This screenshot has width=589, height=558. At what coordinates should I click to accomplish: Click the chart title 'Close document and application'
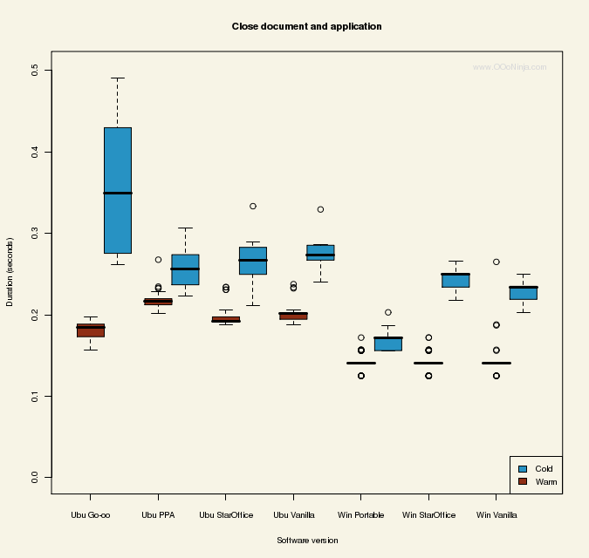306,27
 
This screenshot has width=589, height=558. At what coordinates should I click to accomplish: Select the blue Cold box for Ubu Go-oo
118,190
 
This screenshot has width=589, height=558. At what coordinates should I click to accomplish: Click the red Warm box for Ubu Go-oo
91,330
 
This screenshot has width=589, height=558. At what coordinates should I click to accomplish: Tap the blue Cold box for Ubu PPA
185,269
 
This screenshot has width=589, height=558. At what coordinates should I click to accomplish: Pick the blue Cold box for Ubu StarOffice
253,261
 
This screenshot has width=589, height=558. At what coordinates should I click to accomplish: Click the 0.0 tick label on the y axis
35,477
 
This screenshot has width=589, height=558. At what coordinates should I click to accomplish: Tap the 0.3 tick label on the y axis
35,233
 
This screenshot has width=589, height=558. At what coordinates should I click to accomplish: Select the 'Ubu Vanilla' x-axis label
293,515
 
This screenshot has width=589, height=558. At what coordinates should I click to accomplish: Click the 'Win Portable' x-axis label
361,515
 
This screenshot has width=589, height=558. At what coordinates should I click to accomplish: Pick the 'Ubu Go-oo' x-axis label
91,515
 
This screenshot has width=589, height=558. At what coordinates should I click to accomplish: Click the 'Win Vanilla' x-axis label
496,515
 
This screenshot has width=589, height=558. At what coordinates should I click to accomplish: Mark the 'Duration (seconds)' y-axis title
10,271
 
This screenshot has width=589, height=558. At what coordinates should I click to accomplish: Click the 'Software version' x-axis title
307,541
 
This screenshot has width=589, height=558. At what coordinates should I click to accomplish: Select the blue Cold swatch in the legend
523,469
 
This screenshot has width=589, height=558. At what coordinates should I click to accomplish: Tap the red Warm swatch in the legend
523,481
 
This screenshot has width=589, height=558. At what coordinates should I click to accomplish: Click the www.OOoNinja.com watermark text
510,67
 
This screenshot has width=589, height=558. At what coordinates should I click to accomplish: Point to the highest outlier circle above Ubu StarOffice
253,207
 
